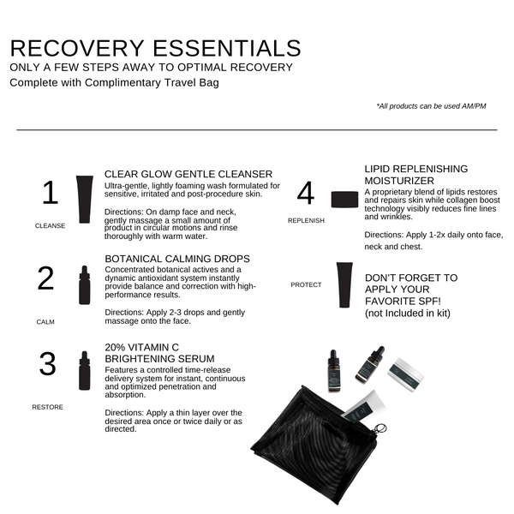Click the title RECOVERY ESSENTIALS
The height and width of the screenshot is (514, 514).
[155, 47]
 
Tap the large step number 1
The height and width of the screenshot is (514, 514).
[50, 193]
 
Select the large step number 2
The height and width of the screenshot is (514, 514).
[46, 278]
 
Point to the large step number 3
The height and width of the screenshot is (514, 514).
[48, 364]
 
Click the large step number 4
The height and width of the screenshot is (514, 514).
[306, 194]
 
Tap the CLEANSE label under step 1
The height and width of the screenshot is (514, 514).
[50, 226]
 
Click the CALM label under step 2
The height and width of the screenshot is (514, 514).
[45, 322]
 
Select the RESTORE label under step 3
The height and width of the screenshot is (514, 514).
[47, 407]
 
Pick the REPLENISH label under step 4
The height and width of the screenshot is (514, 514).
[306, 220]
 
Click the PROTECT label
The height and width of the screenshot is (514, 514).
[307, 284]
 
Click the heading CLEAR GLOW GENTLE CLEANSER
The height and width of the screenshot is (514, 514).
[188, 174]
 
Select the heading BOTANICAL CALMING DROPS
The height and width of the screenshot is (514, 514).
[177, 258]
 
